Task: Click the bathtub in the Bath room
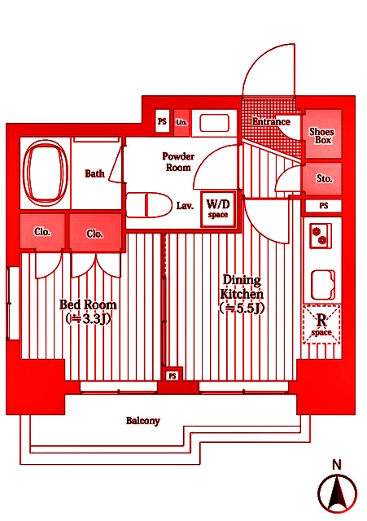coord(44,173)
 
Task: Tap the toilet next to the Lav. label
coord(149,205)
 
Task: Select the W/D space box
coord(218,209)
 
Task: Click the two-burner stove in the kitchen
coord(321,235)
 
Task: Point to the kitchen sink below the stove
coord(323,285)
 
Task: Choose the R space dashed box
coord(321,324)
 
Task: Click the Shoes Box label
coord(321,136)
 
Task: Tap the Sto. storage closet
coord(322,179)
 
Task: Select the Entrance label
coord(271,121)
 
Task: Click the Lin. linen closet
coord(181,123)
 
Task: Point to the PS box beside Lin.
coord(163,121)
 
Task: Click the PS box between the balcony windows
coord(173,376)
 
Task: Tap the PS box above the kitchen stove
coord(324,206)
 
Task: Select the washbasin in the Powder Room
coord(215,123)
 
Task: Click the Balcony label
coord(143,421)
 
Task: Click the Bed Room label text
coord(88,304)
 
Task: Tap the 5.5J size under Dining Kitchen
coord(242,309)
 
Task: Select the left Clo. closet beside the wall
coord(42,231)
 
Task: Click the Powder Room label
coord(178,162)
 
